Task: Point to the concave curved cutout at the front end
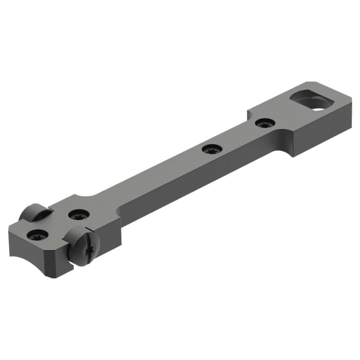tap(19, 257)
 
